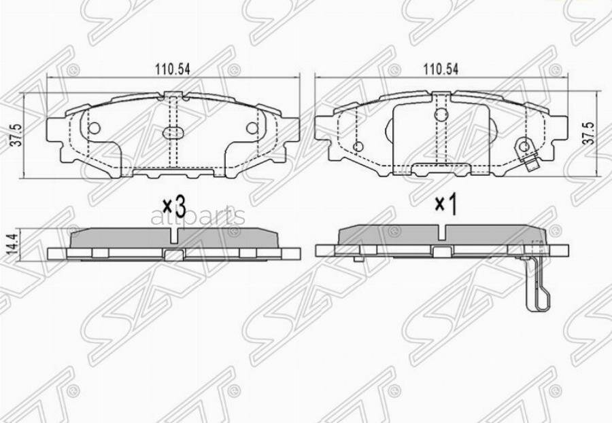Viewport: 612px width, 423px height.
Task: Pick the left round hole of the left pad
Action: [95, 128]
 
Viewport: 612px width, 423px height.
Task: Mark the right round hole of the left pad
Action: [252, 128]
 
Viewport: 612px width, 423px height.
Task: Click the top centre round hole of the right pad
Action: [441, 115]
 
